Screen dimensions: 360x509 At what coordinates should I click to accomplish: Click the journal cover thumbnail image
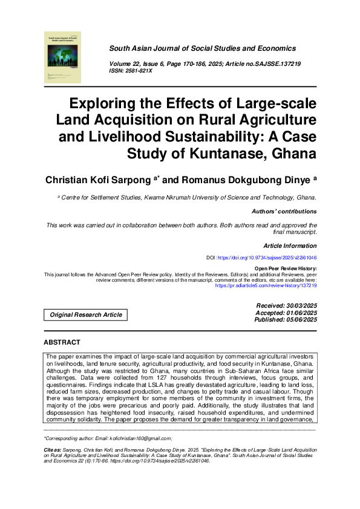coord(63,57)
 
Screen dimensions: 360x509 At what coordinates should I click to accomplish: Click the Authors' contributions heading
coord(284,212)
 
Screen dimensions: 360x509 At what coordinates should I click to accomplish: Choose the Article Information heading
coord(290,246)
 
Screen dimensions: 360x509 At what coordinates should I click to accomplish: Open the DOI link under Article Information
coord(267,258)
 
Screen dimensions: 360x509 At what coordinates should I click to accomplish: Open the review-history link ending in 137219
coord(266,285)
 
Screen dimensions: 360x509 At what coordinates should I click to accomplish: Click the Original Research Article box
coord(86,314)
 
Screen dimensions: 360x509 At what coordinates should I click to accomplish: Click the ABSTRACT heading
coord(62,342)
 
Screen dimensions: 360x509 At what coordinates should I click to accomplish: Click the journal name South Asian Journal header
coord(202,48)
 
